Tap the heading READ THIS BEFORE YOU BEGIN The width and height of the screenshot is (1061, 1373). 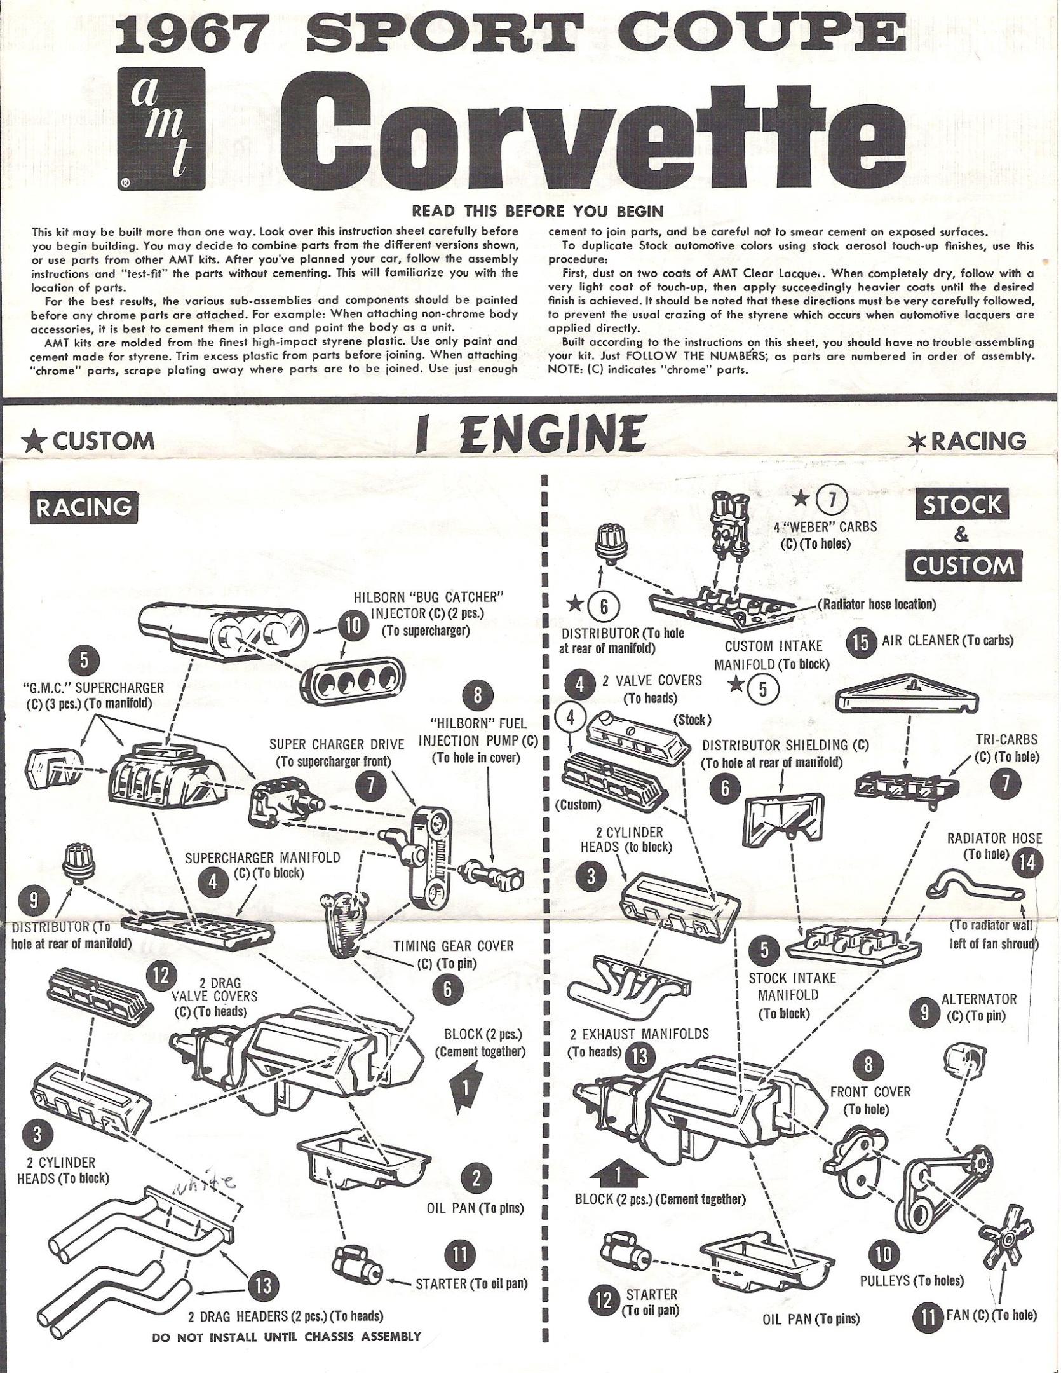(537, 210)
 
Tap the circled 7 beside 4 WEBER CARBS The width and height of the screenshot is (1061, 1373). (835, 502)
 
